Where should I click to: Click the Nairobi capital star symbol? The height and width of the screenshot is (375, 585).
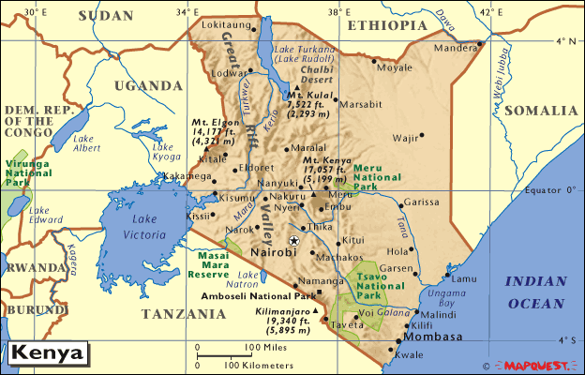coord(293,241)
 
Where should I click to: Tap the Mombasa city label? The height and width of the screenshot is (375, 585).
coord(435,337)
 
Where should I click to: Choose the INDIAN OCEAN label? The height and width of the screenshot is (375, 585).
coord(534,292)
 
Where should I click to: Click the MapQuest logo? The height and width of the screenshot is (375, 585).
coord(537,365)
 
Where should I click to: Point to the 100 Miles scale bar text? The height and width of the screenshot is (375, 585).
coord(266,348)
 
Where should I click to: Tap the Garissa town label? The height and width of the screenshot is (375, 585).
coord(421,202)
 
